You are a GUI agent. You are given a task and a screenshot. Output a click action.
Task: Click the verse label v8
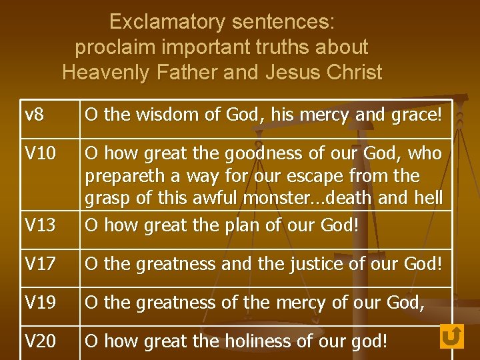pos(35,115)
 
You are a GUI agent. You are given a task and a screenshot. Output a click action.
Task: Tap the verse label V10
pos(40,154)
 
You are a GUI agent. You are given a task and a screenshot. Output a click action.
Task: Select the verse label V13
pos(40,226)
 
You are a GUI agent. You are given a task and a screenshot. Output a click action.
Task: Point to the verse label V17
pos(40,264)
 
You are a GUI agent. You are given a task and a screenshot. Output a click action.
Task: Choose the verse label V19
pos(40,303)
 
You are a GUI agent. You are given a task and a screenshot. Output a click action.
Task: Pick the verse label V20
pos(40,341)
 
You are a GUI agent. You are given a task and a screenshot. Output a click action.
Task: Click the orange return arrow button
pos(451,336)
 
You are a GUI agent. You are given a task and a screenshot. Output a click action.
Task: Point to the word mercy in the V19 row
pos(303,303)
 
